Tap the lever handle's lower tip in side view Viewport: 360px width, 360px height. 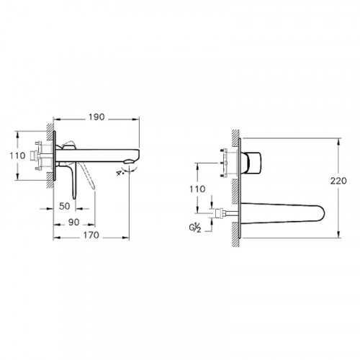coord(94,189)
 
